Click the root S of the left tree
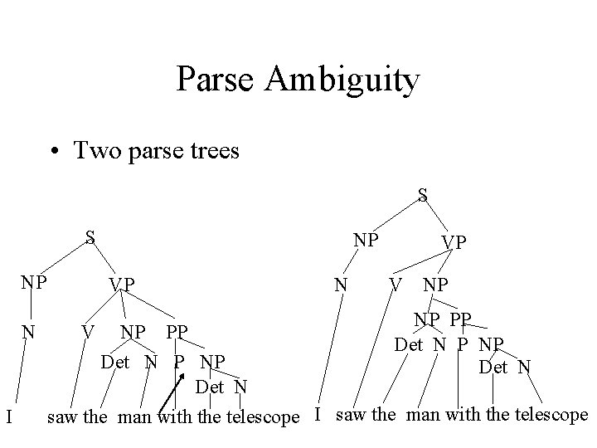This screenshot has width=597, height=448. (x=91, y=237)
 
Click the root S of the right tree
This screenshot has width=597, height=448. (x=423, y=196)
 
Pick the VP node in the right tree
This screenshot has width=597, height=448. (x=454, y=242)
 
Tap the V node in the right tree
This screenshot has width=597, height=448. (x=397, y=285)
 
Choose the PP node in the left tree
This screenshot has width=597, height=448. (x=176, y=333)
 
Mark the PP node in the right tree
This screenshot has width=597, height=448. (x=461, y=319)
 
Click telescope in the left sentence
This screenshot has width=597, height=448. (x=260, y=416)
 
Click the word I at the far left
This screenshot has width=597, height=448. (x=7, y=415)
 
